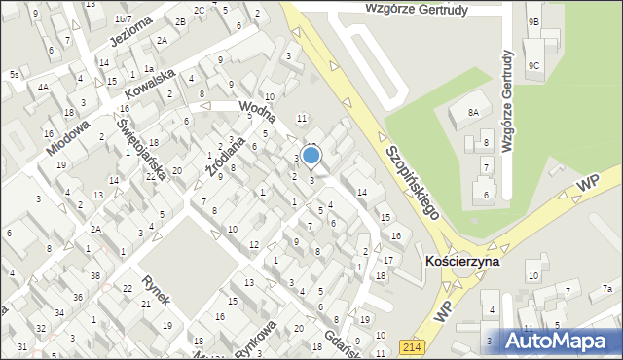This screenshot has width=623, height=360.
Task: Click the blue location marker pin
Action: (x=311, y=156)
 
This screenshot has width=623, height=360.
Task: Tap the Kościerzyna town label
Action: (x=462, y=262)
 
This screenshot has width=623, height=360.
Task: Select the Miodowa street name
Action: (x=67, y=138)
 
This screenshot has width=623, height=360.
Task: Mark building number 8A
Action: (x=473, y=113)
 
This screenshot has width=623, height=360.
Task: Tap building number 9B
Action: (x=533, y=21)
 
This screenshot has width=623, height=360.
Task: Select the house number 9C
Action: (x=533, y=66)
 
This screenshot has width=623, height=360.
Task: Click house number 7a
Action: (x=607, y=288)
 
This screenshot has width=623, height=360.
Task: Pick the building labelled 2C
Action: (x=199, y=10)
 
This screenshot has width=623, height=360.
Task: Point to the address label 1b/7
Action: (x=123, y=19)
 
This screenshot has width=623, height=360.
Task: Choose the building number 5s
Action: (x=14, y=75)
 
